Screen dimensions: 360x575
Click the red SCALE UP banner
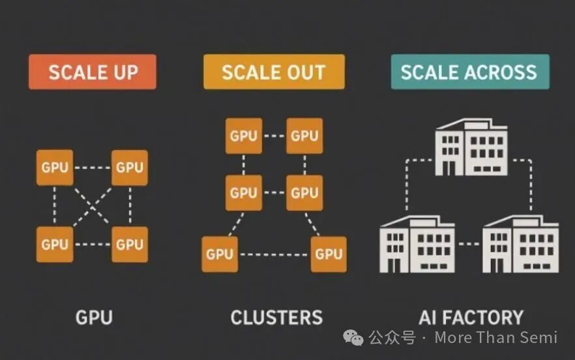pyautogui.click(x=93, y=72)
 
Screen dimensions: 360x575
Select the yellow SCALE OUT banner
pyautogui.click(x=273, y=72)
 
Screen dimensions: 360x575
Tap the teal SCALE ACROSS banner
pyautogui.click(x=469, y=72)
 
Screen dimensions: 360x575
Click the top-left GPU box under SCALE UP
pyautogui.click(x=55, y=168)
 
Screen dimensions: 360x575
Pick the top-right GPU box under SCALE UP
pyautogui.click(x=129, y=168)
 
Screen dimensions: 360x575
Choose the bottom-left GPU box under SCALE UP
pyautogui.click(x=55, y=244)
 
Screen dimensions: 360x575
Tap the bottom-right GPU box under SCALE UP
pyautogui.click(x=129, y=244)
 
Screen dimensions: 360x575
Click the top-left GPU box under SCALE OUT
pyautogui.click(x=244, y=136)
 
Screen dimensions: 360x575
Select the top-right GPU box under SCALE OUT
pyautogui.click(x=304, y=136)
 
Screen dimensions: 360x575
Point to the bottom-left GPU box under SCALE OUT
pyautogui.click(x=220, y=254)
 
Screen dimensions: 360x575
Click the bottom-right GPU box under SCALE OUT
pyautogui.click(x=329, y=254)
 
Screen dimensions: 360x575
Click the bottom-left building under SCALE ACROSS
pyautogui.click(x=417, y=244)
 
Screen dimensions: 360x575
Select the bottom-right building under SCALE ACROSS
pyautogui.click(x=520, y=244)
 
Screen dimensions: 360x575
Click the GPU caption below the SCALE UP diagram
pyautogui.click(x=94, y=318)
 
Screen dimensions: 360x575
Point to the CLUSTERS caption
pyautogui.click(x=276, y=318)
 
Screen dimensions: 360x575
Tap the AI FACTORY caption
pyautogui.click(x=471, y=318)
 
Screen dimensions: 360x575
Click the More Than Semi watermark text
pyautogui.click(x=495, y=337)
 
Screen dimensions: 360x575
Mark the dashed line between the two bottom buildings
pyautogui.click(x=469, y=245)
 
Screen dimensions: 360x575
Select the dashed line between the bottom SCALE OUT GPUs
pyautogui.click(x=274, y=254)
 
